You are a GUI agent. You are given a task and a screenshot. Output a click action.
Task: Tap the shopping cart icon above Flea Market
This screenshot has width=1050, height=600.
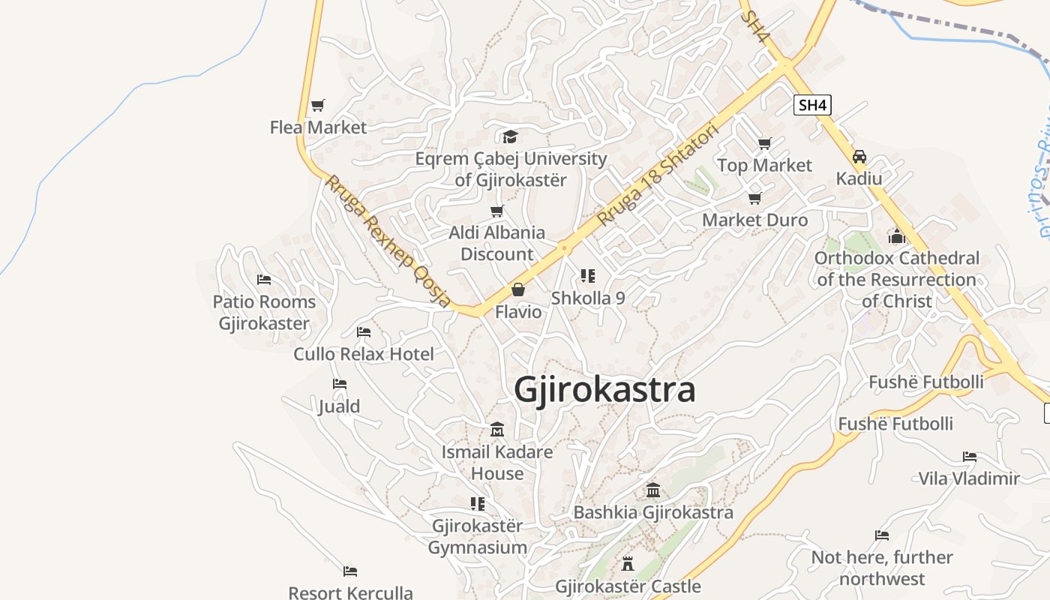coord(318,106)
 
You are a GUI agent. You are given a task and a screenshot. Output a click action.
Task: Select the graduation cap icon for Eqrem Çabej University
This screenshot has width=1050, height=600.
coord(511,136)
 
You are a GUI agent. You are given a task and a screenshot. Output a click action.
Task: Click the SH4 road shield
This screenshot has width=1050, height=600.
coord(812,105)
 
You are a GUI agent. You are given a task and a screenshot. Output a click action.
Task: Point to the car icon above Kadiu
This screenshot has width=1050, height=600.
coord(859,157)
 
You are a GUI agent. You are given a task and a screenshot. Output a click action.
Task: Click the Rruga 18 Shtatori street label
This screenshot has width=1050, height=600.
coord(658,175)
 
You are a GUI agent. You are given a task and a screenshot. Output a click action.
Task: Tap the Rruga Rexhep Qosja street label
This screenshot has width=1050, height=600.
coord(388,241)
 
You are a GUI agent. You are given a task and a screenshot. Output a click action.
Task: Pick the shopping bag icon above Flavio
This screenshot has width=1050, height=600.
coord(518,289)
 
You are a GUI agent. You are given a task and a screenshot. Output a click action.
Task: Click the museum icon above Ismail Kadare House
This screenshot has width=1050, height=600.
coord(497,430)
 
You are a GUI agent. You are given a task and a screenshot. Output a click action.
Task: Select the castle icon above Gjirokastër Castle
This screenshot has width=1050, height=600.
coord(628,563)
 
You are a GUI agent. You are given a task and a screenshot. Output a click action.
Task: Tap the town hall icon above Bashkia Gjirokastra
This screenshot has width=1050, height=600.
coord(653,490)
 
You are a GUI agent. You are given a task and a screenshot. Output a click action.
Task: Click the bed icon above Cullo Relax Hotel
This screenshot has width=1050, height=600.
coord(364,331)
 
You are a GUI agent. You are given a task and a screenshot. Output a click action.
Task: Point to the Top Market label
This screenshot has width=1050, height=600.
coord(764,165)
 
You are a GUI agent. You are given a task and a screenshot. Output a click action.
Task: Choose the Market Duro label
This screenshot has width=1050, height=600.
coord(754,220)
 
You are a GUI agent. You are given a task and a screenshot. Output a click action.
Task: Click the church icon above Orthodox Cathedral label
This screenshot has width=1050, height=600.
coord(896,236)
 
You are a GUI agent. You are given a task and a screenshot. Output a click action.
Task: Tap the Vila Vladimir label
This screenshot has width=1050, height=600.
coord(969,478)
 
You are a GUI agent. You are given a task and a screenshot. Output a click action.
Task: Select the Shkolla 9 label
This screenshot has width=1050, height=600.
coord(588,298)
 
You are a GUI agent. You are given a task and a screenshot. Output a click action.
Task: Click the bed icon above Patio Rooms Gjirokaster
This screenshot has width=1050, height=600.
coord(264,280)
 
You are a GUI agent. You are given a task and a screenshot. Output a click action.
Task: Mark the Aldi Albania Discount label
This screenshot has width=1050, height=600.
coord(497,243)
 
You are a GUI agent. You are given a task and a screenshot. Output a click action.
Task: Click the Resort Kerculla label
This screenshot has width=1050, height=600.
coord(350,592)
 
